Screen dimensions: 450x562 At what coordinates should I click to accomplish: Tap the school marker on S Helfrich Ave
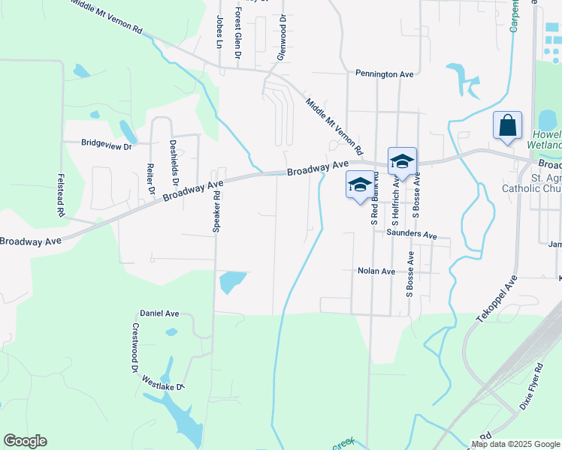point(402,161)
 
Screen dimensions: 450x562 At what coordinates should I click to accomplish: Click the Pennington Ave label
point(385,74)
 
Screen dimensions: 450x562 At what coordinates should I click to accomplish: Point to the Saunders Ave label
point(412,235)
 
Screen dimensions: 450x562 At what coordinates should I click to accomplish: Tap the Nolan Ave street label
point(376,271)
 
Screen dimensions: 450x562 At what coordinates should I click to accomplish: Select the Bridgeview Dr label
point(106,142)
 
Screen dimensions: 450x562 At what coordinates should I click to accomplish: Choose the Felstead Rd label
point(60,195)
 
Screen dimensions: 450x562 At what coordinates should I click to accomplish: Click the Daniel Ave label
point(159,313)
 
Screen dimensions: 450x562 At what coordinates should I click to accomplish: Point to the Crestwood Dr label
point(136,349)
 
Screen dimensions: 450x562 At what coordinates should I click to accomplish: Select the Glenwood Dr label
point(283,38)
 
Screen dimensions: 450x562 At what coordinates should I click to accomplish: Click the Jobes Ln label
point(219,31)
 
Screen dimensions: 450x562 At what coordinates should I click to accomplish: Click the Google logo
point(25,441)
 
